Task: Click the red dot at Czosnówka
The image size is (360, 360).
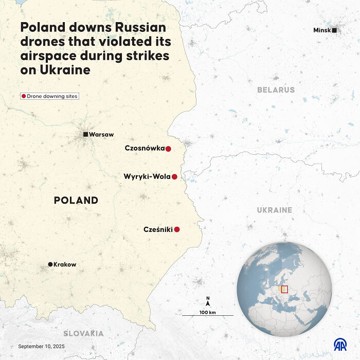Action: (x=168, y=149)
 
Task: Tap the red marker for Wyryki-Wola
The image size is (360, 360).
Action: (x=174, y=177)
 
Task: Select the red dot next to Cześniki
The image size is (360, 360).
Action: (x=177, y=229)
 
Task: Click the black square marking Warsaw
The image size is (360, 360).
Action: (x=86, y=134)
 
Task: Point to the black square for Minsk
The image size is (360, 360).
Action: (x=334, y=30)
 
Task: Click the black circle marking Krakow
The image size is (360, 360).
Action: (x=50, y=264)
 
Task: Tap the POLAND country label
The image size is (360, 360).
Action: (x=76, y=200)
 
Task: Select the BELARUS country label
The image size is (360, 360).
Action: (x=276, y=89)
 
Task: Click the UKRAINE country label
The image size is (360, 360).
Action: (x=275, y=210)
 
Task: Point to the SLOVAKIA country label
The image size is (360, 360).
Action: (x=83, y=333)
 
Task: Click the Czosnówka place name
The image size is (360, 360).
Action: (x=145, y=148)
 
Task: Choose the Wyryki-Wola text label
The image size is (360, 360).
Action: (x=147, y=176)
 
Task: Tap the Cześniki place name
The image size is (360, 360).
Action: (x=158, y=229)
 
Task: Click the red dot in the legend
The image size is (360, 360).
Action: (x=23, y=96)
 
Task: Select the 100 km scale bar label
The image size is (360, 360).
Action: (x=207, y=312)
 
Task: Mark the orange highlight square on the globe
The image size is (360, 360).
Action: (x=284, y=289)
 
